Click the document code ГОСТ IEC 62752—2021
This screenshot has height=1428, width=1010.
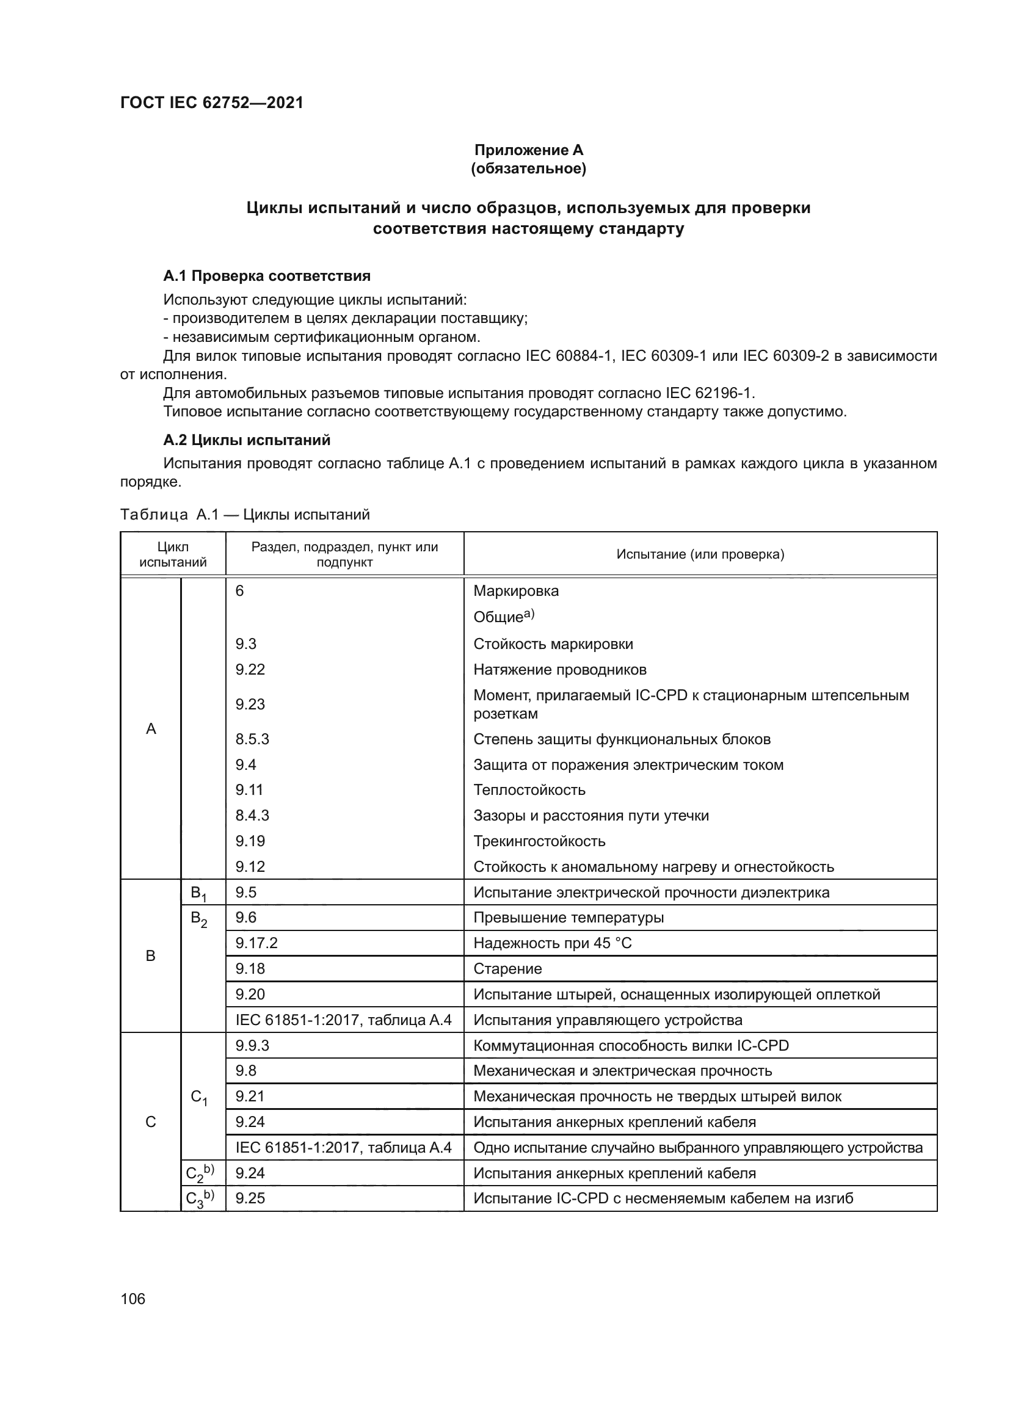[211, 103]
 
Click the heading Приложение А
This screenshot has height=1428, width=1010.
[528, 150]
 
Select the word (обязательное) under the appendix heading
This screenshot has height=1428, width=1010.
[528, 169]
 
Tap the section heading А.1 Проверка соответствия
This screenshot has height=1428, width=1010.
[267, 275]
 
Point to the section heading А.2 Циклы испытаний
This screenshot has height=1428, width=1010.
[246, 440]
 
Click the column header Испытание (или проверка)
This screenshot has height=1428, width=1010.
[700, 554]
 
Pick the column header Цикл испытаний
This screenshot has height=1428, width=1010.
[173, 554]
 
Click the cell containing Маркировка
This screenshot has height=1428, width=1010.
[515, 591]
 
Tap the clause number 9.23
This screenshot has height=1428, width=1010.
[250, 704]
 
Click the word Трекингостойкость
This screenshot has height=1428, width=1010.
[539, 841]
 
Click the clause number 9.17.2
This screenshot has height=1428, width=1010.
[256, 943]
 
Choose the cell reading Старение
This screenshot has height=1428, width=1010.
[507, 968]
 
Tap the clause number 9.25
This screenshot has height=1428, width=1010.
[250, 1198]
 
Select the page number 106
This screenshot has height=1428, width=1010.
[133, 1299]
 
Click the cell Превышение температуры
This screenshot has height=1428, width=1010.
[568, 918]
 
